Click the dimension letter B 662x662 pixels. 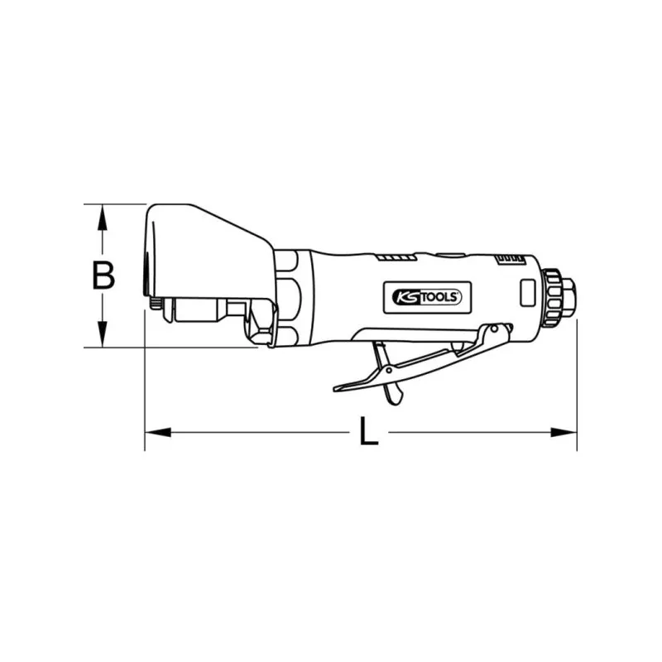pos(103,275)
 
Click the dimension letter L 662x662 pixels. pos(369,432)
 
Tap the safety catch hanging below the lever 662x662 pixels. pos(389,377)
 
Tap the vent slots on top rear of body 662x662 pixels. pos(507,261)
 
